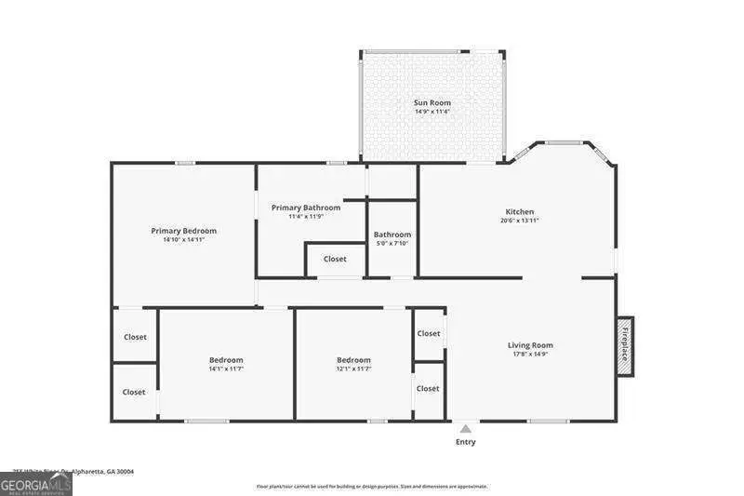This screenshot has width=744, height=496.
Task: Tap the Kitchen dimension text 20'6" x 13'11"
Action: coord(519,221)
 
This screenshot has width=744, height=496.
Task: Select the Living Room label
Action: coord(529,345)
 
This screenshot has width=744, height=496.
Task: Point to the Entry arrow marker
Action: coord(465,428)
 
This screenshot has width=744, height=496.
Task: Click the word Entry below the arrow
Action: coord(465,442)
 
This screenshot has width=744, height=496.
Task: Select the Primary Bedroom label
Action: coord(183,231)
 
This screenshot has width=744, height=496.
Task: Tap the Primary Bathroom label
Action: coord(306,208)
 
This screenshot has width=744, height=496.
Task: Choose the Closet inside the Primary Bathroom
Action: coord(335,259)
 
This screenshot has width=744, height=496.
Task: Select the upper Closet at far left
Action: coord(135,337)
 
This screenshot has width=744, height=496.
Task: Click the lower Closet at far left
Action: coord(134,392)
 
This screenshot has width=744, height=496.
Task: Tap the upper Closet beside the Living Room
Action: coord(429,333)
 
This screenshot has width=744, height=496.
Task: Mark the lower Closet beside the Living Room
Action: coord(428,389)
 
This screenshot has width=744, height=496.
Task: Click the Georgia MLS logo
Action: coord(36,485)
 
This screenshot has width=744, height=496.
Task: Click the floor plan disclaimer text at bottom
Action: coord(372,486)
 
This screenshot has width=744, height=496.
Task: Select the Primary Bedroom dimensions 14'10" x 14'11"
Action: coord(183,240)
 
